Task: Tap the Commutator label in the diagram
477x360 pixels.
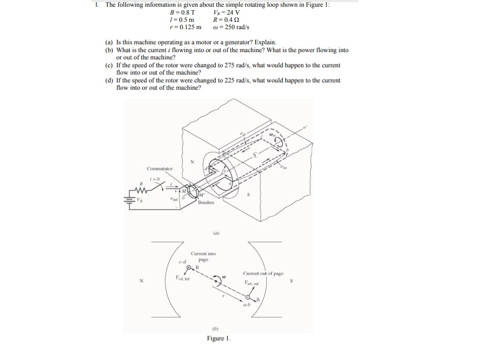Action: pyautogui.click(x=160, y=168)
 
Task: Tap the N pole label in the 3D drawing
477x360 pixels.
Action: pyautogui.click(x=192, y=161)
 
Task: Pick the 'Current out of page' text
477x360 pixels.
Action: pyautogui.click(x=263, y=274)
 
